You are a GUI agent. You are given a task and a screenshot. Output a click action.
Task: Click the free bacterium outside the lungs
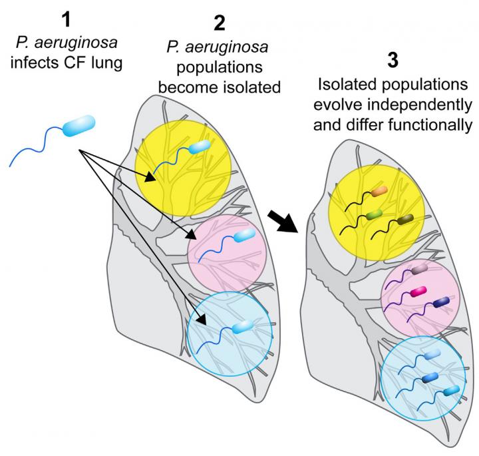pos(79,127)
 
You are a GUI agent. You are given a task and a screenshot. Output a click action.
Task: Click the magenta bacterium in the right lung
pos(418,291)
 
